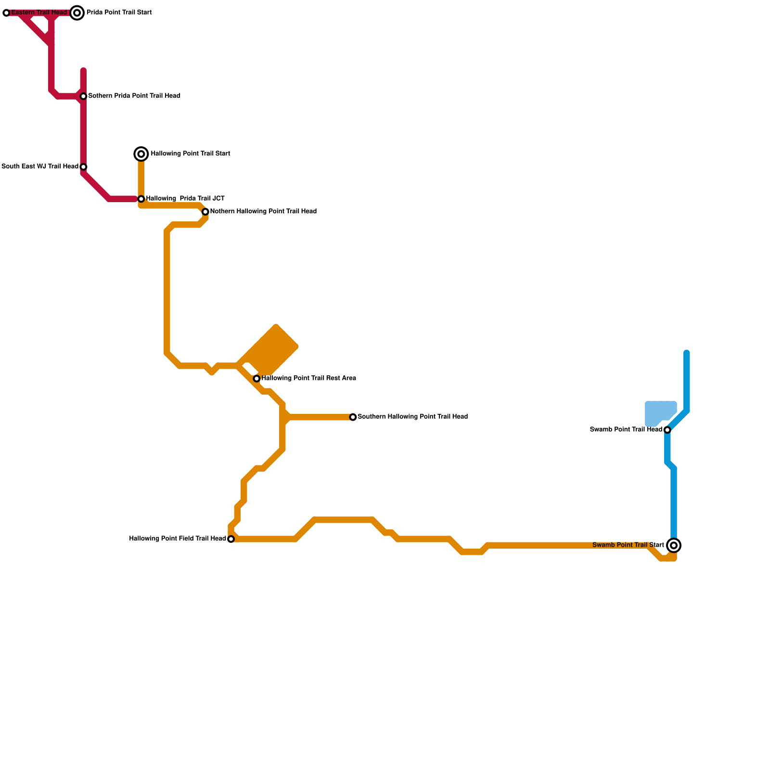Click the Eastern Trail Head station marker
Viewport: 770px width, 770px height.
6,13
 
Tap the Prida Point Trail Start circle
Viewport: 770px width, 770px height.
77,13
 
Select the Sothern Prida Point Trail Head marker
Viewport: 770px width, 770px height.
83,96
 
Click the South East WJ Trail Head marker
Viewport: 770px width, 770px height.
83,167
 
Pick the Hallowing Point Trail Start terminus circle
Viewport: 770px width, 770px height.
141,154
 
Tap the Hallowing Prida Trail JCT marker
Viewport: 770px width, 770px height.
141,199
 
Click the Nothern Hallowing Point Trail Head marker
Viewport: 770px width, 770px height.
205,212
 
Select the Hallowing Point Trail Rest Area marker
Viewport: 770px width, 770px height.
257,379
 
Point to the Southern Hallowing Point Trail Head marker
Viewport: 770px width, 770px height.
353,417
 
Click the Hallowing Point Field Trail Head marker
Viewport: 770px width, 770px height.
231,539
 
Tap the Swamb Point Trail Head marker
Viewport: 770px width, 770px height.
667,430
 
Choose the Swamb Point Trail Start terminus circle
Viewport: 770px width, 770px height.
674,545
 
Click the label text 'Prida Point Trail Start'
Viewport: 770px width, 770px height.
119,13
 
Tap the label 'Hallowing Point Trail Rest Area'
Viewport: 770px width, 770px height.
308,378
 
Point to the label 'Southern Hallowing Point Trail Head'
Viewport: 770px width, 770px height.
412,417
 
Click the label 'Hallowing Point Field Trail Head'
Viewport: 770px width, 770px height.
178,539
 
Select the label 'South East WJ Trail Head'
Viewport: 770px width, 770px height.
40,167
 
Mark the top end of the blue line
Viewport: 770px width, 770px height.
687,353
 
